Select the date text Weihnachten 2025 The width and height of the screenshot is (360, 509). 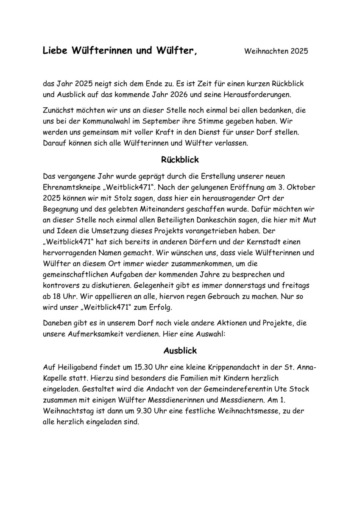pos(276,52)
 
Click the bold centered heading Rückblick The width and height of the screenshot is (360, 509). pos(180,160)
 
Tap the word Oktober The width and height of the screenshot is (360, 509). pos(301,187)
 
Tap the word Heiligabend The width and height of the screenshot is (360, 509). pos(75,367)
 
